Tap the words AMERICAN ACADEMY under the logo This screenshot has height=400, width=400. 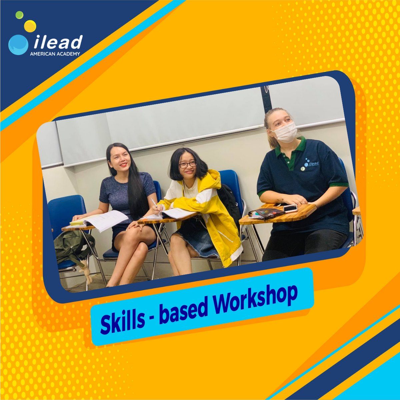click(x=55, y=54)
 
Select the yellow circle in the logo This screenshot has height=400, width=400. click(x=30, y=26)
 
